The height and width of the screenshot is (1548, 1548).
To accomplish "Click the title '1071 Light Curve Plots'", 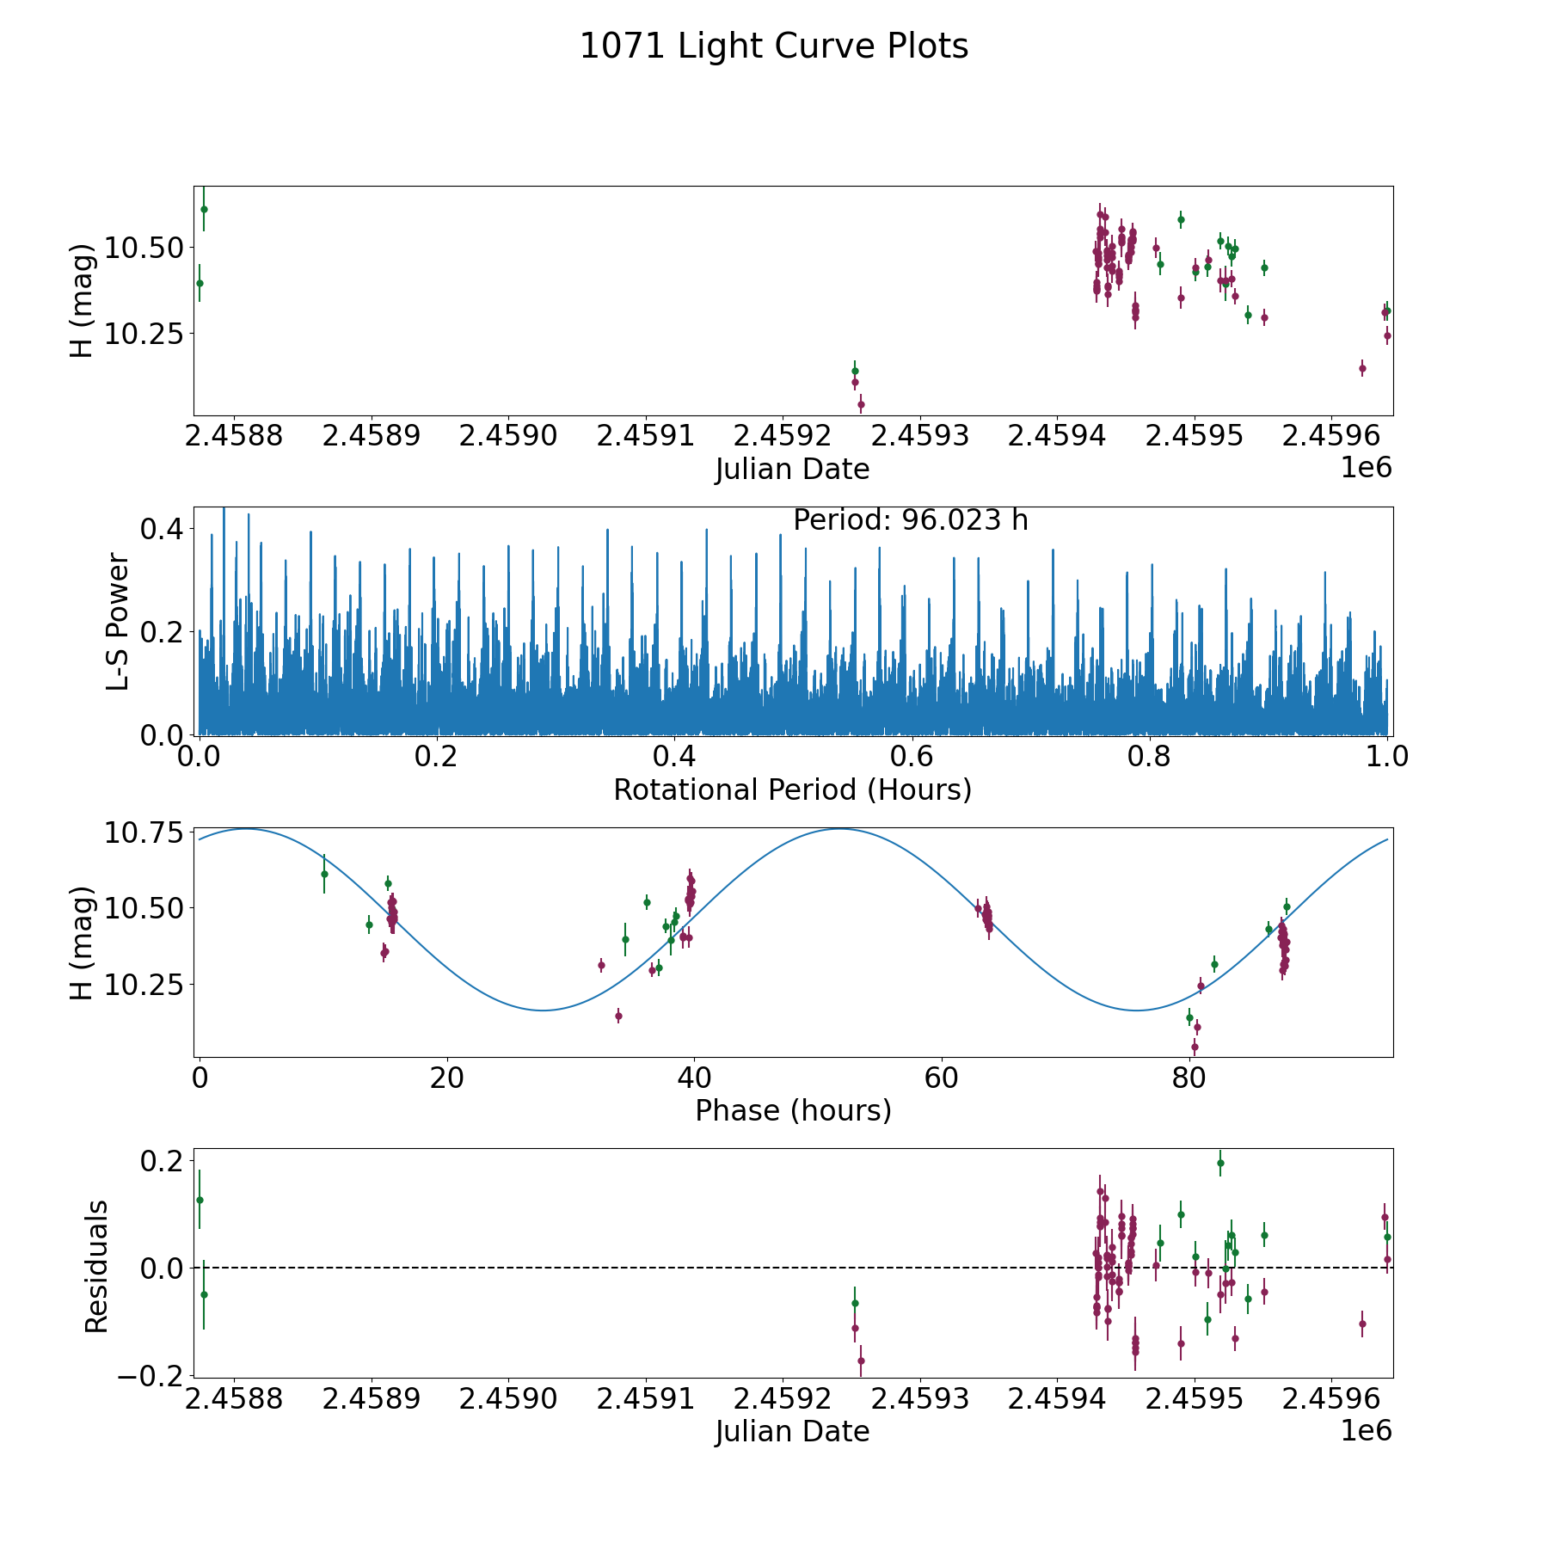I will coord(774,46).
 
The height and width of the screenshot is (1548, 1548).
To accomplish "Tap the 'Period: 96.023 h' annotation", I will coord(910,520).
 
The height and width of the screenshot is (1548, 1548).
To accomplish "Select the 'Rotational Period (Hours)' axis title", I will coord(792,789).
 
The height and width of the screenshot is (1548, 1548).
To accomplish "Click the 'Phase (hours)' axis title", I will coord(793,1110).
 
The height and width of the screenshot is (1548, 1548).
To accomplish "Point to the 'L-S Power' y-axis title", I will coord(118,622).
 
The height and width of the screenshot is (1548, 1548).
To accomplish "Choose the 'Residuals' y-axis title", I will coord(96,1266).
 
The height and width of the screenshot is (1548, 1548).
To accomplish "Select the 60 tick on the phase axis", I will coord(942,1078).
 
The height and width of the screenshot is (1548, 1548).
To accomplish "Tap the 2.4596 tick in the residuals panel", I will coord(1330,1397).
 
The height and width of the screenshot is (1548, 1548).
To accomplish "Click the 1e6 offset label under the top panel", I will coord(1366,468).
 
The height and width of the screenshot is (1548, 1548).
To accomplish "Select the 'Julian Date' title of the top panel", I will coord(792,470).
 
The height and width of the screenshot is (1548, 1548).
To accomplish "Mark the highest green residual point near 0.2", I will coord(1219,1163).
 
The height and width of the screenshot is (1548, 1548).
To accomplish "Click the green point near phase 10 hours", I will coord(324,874).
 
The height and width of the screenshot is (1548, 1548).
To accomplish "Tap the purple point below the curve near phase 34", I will coord(618,1016).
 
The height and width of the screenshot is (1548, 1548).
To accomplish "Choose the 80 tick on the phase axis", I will coord(1189,1078).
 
